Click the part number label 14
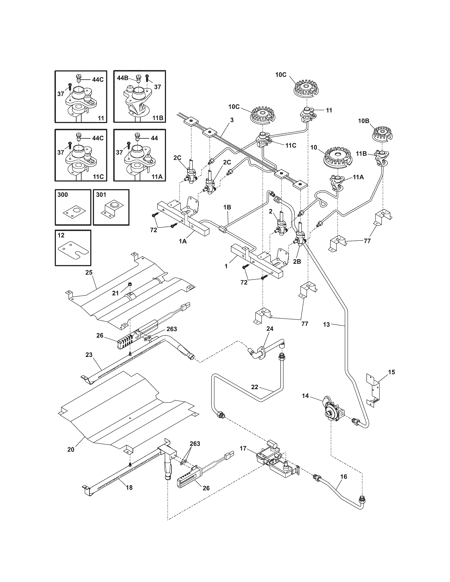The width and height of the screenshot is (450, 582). click(x=305, y=403)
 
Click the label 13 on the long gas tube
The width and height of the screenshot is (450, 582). click(x=327, y=324)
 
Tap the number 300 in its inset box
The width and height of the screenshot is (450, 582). click(x=63, y=195)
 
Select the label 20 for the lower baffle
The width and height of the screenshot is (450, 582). click(x=71, y=449)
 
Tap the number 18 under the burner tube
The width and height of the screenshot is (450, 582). click(x=129, y=488)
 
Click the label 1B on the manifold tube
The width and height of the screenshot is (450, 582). click(x=227, y=207)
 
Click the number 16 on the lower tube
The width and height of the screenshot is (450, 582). click(x=344, y=476)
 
